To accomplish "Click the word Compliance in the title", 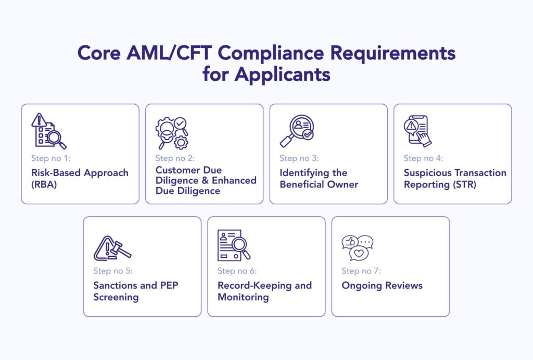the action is (x=271, y=54).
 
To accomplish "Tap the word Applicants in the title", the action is (x=282, y=75).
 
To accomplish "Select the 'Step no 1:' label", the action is (x=50, y=158).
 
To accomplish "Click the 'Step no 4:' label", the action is (x=423, y=158).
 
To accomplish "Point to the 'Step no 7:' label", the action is (x=361, y=271).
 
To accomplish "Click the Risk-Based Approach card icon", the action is (x=49, y=131).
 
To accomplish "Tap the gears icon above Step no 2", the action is (x=172, y=133).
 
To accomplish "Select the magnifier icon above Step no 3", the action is (x=297, y=131).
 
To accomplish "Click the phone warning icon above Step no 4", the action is (x=418, y=131).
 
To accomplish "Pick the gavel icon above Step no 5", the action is (x=112, y=247).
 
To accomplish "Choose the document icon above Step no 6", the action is (x=234, y=245).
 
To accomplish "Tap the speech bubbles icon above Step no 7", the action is (x=357, y=247).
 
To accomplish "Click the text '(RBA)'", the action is (x=44, y=184).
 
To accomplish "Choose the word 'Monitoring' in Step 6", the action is (x=243, y=297).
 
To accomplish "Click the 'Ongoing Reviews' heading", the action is (x=382, y=285).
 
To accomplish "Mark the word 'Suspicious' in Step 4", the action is (x=427, y=173).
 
